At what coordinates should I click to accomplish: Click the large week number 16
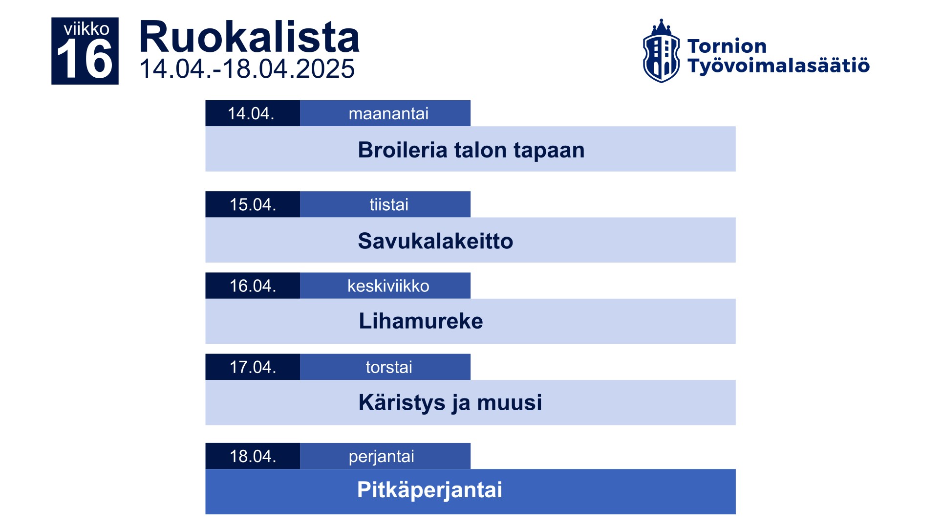(85, 59)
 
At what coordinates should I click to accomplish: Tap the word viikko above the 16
(86, 29)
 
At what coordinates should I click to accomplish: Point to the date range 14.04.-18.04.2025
(247, 68)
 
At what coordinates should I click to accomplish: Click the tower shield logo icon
(661, 51)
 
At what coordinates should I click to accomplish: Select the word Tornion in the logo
(727, 46)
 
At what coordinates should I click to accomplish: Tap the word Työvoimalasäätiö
(778, 66)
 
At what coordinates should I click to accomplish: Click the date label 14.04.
(251, 113)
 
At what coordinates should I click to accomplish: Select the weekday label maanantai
(388, 113)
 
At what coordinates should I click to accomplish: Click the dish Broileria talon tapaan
(471, 150)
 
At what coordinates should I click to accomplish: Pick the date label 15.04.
(253, 204)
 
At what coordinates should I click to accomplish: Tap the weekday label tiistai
(388, 204)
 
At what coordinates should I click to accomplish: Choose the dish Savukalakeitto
(435, 241)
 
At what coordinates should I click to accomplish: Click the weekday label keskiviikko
(388, 286)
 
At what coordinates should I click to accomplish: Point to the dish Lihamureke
(421, 321)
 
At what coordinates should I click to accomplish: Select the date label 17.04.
(253, 367)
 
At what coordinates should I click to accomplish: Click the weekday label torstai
(389, 367)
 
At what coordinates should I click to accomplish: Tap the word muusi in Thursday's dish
(509, 402)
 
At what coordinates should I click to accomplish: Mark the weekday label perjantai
(381, 457)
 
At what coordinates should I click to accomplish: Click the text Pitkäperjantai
(429, 490)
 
